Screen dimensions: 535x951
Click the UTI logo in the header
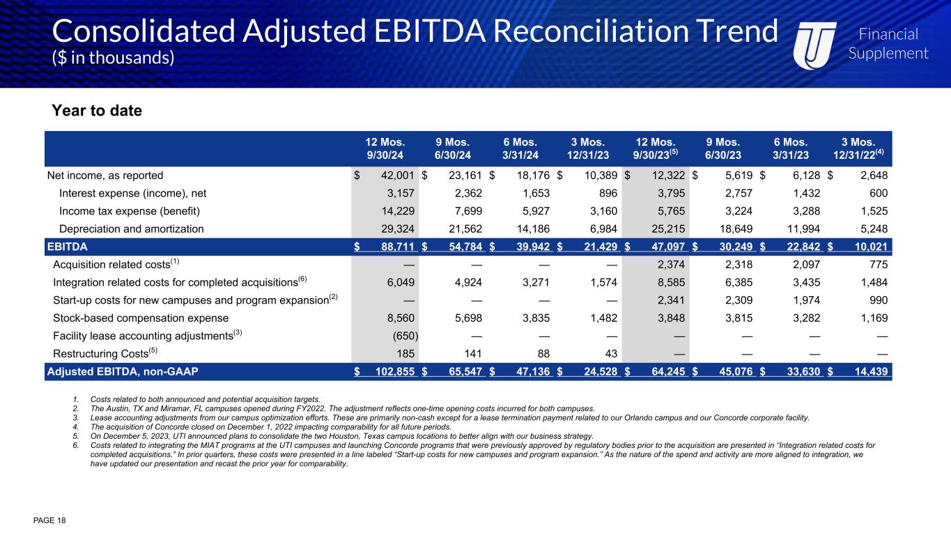815,42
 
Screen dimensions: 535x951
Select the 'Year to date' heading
97,111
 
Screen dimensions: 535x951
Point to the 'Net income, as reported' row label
105,176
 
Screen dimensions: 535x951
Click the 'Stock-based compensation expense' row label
141,318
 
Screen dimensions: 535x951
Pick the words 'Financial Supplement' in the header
888,44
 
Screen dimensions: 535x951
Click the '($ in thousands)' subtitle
113,58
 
